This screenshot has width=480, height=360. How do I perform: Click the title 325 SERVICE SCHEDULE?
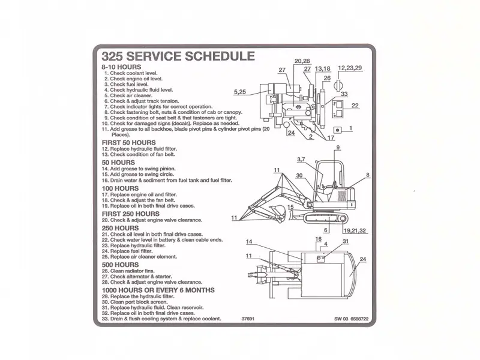click(178, 56)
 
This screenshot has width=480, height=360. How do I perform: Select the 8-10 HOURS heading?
click(121, 66)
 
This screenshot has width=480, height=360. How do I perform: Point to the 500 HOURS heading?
click(121, 265)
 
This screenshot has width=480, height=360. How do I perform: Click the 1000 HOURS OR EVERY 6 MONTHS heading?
click(158, 290)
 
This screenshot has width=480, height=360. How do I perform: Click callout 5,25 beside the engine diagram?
click(240, 91)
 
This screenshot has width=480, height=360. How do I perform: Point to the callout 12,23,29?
click(350, 68)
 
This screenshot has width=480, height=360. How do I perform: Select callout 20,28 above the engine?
click(302, 61)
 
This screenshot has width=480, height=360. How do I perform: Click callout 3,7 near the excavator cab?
click(302, 159)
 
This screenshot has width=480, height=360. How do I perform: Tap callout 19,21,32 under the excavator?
click(355, 230)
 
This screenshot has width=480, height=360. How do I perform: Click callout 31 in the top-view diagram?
click(346, 241)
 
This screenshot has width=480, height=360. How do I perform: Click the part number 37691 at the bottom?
click(248, 319)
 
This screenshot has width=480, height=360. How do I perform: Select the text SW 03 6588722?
click(352, 319)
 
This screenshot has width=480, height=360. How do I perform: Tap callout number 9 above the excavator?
click(338, 148)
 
